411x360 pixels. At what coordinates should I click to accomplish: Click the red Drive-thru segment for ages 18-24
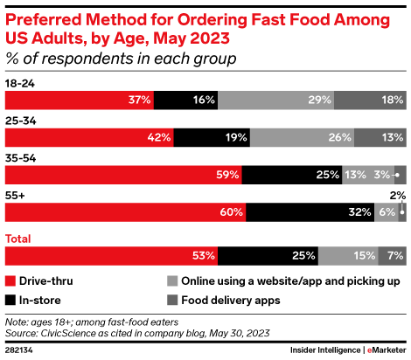pyautogui.click(x=79, y=100)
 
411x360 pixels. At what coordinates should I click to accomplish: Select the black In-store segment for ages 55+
pyautogui.click(x=310, y=212)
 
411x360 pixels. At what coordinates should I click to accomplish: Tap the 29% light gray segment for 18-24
pyautogui.click(x=275, y=100)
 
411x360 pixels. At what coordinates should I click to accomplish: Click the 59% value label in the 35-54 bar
pyautogui.click(x=227, y=175)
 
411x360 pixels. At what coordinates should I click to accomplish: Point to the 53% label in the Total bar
pyautogui.click(x=204, y=255)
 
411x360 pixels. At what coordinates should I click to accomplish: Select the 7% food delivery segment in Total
pyautogui.click(x=392, y=255)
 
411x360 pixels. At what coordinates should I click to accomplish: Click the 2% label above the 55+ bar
pyautogui.click(x=397, y=195)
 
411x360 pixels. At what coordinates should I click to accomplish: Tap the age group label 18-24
pyautogui.click(x=21, y=83)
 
